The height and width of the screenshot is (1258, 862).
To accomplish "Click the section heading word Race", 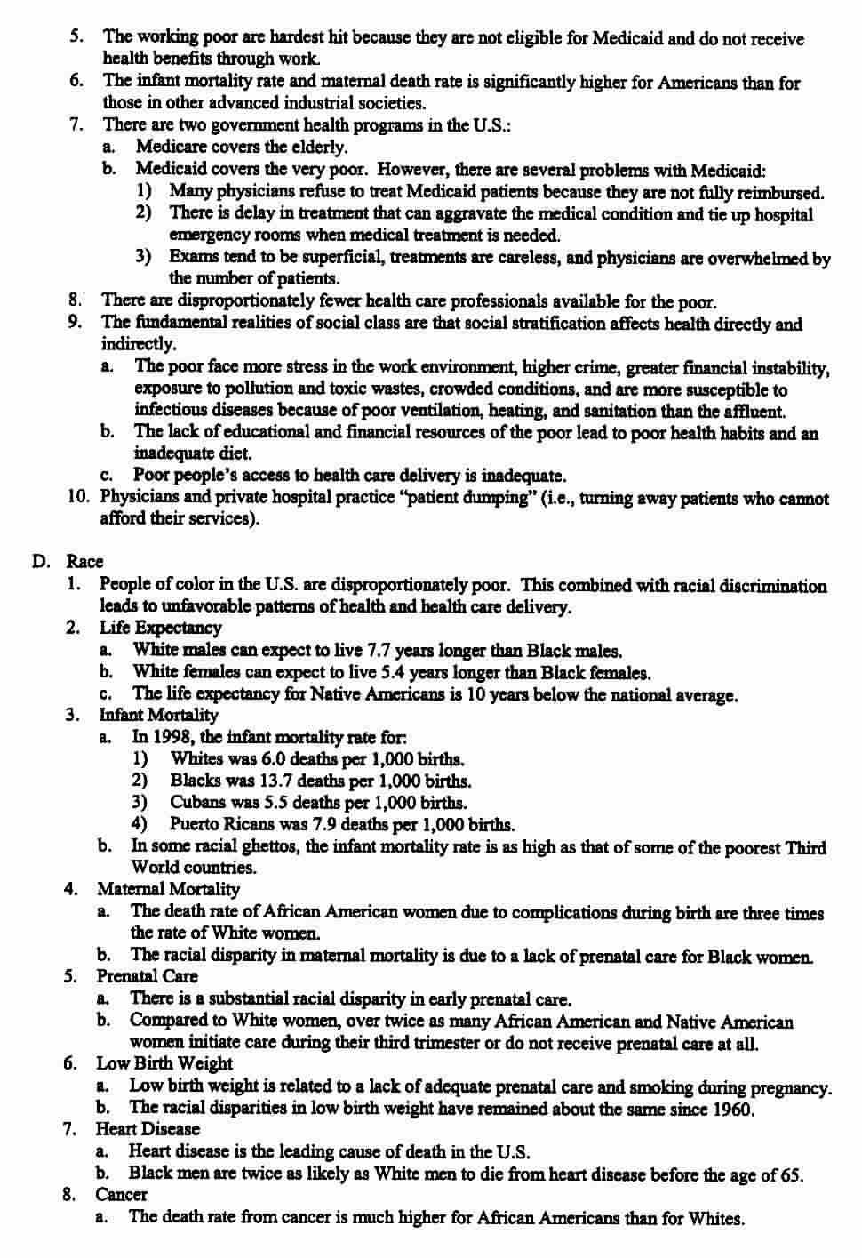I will pyautogui.click(x=84, y=562).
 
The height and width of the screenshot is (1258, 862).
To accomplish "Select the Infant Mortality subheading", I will pyautogui.click(x=157, y=715).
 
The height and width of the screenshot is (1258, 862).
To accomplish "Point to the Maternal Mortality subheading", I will pyautogui.click(x=168, y=888).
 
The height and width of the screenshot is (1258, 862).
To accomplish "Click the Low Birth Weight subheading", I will pyautogui.click(x=164, y=1063).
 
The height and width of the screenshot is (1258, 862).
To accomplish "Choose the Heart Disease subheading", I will pyautogui.click(x=148, y=1129).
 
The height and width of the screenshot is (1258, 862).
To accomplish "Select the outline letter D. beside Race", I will pyautogui.click(x=40, y=562).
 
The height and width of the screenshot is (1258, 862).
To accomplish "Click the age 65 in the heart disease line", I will pyautogui.click(x=791, y=1174).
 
